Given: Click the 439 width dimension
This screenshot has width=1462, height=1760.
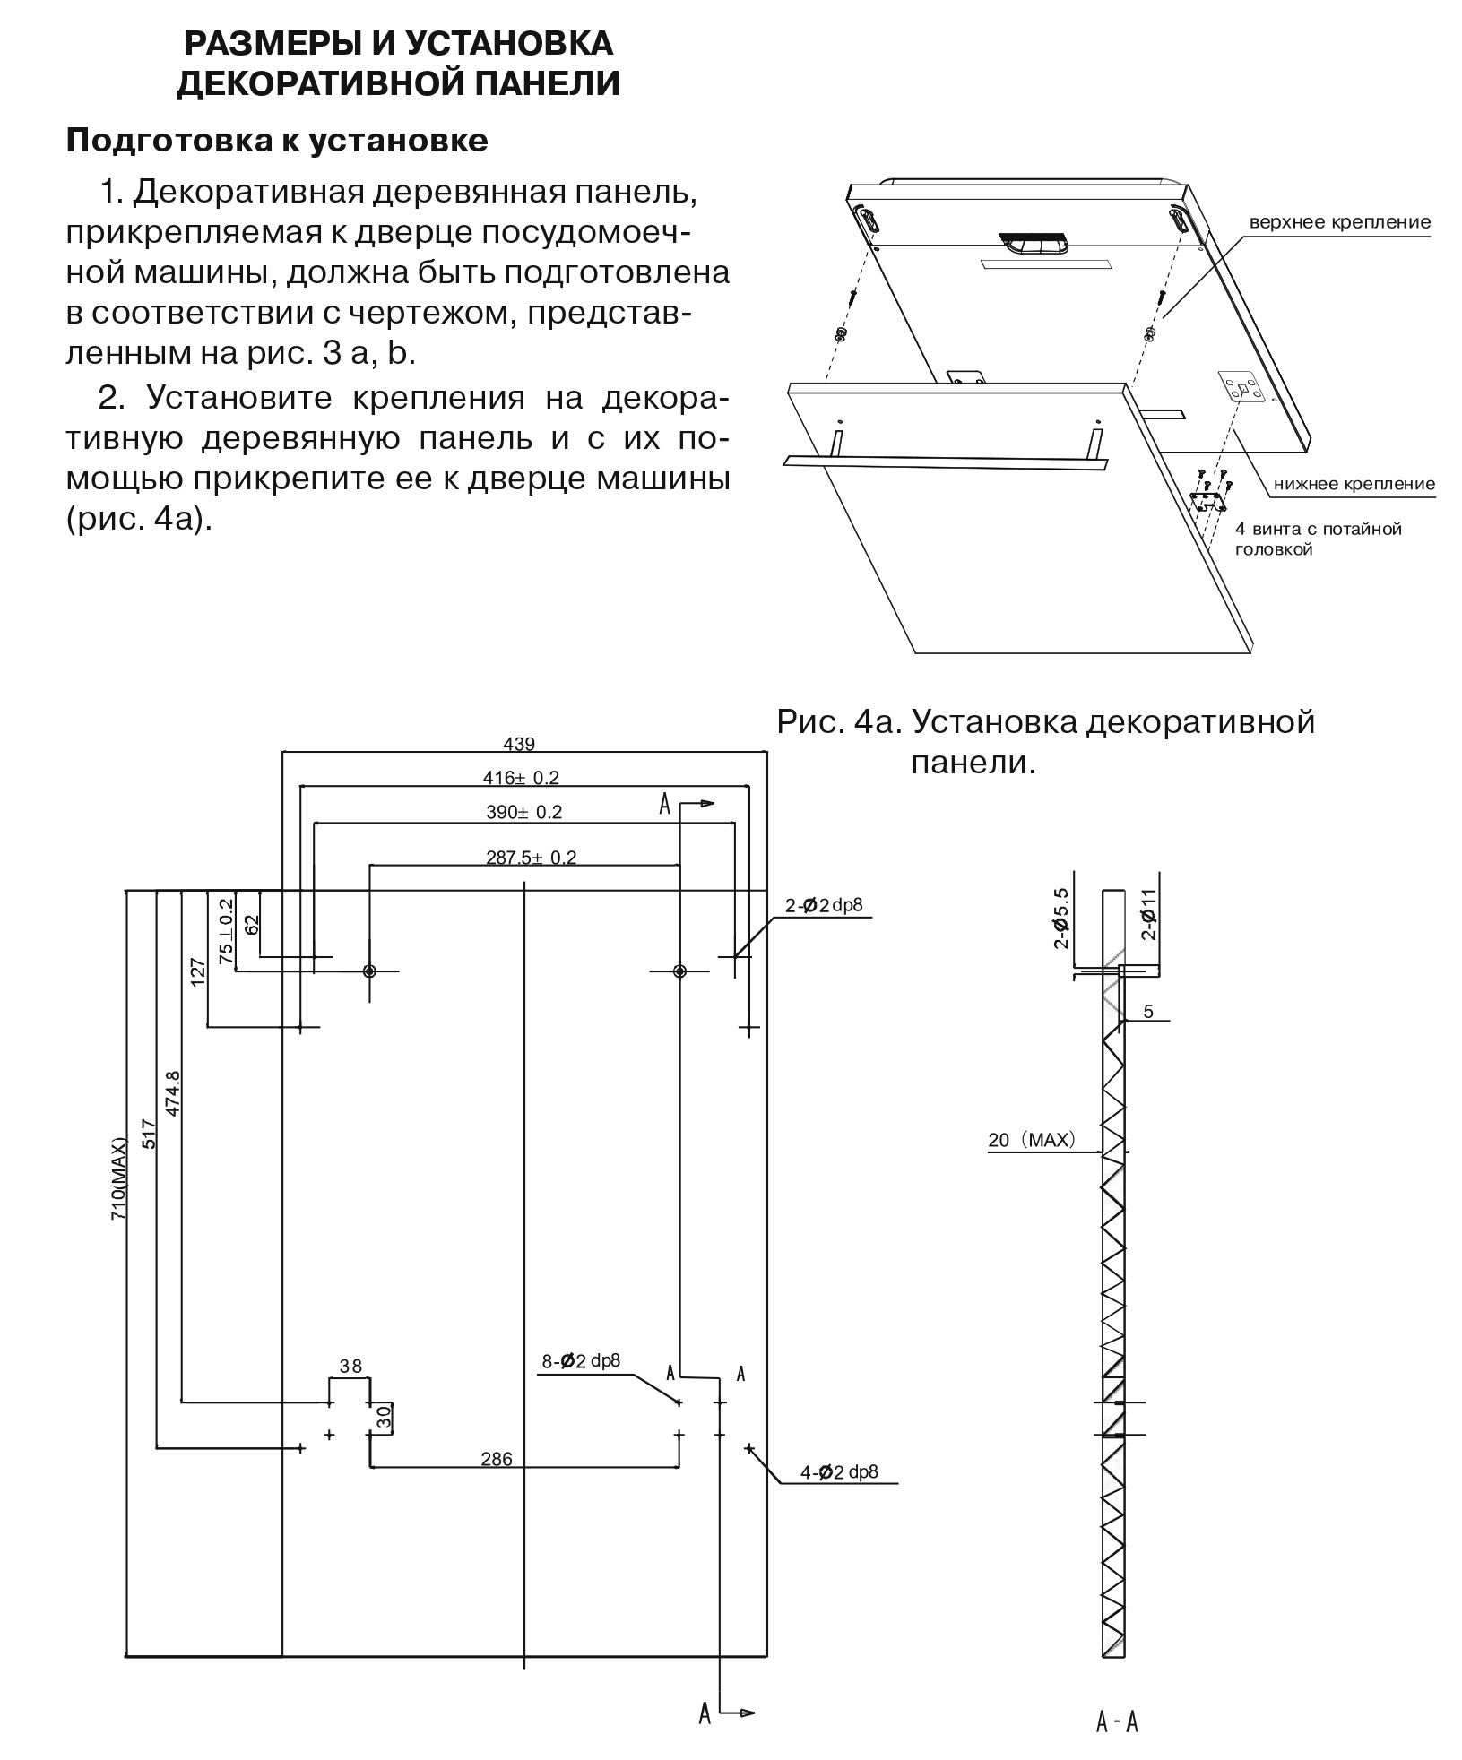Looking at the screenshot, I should coord(519,744).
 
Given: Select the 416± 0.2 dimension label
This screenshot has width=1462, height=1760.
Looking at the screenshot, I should coord(523,777).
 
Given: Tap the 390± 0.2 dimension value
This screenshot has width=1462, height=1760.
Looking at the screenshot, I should coord(523,812).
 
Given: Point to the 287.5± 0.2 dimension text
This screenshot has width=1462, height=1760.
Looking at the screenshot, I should coord(531,857).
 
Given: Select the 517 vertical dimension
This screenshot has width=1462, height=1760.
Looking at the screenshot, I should coord(149,1135).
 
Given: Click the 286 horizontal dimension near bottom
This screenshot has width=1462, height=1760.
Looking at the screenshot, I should coord(497,1459).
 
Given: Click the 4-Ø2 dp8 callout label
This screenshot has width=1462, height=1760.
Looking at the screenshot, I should coord(839,1471).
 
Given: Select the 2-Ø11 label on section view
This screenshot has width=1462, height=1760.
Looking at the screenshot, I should coord(1150,914).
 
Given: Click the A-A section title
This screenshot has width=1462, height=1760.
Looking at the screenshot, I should coord(1117,1722).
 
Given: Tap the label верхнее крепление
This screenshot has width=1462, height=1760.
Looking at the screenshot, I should coord(1339,221).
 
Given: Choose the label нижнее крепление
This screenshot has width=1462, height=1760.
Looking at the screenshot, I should coord(1354,484).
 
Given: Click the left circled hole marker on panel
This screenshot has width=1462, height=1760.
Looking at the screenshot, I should coord(369,971).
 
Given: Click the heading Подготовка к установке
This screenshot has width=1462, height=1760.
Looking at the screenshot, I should coord(277,141).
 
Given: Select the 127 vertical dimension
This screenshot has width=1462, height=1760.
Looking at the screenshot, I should coord(198,971).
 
